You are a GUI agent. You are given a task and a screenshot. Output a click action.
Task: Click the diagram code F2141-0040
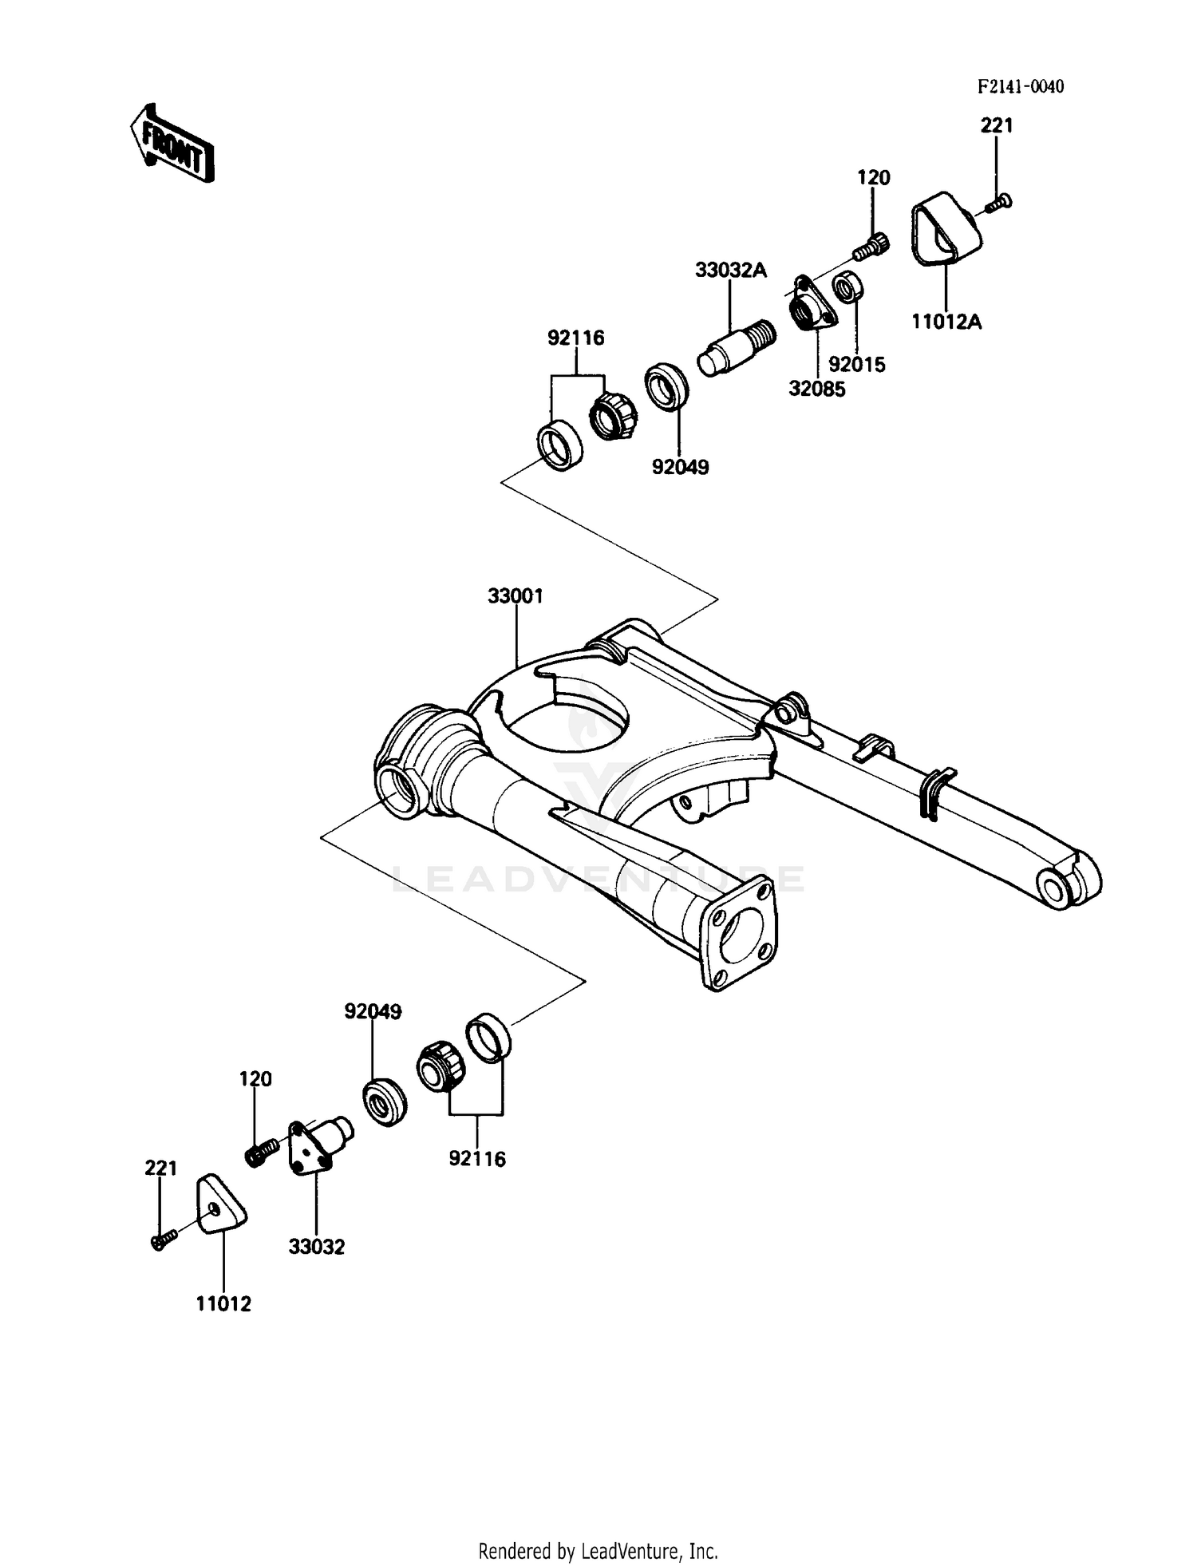coord(1021,87)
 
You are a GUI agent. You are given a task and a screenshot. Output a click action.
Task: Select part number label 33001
coord(516,596)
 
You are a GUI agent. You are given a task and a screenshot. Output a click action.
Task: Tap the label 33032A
coord(730,271)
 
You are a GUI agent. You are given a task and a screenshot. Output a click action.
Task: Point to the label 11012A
coord(946,322)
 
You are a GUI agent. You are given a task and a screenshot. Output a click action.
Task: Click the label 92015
coord(857,365)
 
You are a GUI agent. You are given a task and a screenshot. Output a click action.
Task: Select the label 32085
coord(816,390)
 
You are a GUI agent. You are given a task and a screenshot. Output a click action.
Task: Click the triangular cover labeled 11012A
coord(942,227)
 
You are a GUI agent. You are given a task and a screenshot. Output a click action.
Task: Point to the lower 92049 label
coord(373,1011)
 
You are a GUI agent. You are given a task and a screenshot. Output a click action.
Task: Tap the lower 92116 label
coord(477,1159)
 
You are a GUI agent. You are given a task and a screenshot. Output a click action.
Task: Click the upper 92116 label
coord(575,338)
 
